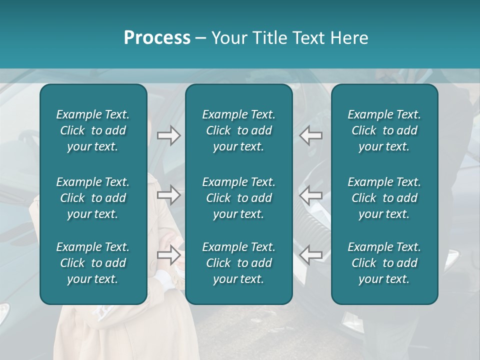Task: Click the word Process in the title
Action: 157,38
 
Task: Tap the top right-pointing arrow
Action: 169,135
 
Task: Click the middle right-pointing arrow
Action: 169,195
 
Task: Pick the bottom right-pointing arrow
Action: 169,255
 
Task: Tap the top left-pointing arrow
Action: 310,135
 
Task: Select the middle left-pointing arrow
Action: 310,195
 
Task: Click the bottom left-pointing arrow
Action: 310,255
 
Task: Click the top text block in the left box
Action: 93,130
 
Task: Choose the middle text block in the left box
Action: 93,198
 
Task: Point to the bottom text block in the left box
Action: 93,263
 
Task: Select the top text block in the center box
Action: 239,130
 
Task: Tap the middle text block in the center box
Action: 239,198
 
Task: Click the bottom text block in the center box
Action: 239,263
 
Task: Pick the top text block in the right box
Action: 384,130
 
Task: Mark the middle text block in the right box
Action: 384,198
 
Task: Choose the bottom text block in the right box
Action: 384,263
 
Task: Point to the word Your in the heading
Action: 227,38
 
